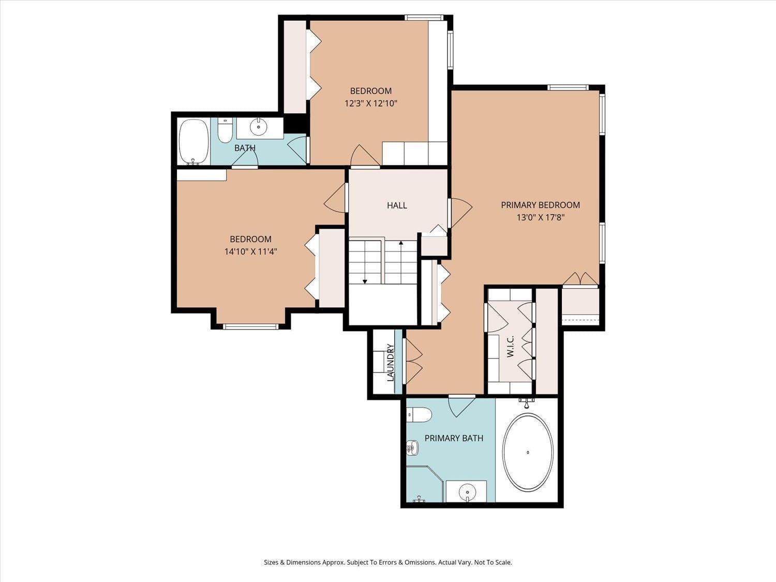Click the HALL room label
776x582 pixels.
(397, 205)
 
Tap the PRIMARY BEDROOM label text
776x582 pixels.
(540, 205)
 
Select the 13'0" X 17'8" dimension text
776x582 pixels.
(540, 218)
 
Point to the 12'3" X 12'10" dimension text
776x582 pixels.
(371, 103)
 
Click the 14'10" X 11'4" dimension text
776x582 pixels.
(250, 252)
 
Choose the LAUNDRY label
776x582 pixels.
(391, 363)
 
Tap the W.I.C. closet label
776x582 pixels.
(510, 347)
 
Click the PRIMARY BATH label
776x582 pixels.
(454, 438)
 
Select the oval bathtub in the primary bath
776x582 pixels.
(528, 452)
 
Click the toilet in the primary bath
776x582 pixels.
(419, 415)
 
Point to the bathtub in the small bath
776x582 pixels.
(193, 141)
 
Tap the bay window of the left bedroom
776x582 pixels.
(250, 326)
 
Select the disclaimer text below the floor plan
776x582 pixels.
(387, 562)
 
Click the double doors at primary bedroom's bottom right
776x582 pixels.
(580, 279)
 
